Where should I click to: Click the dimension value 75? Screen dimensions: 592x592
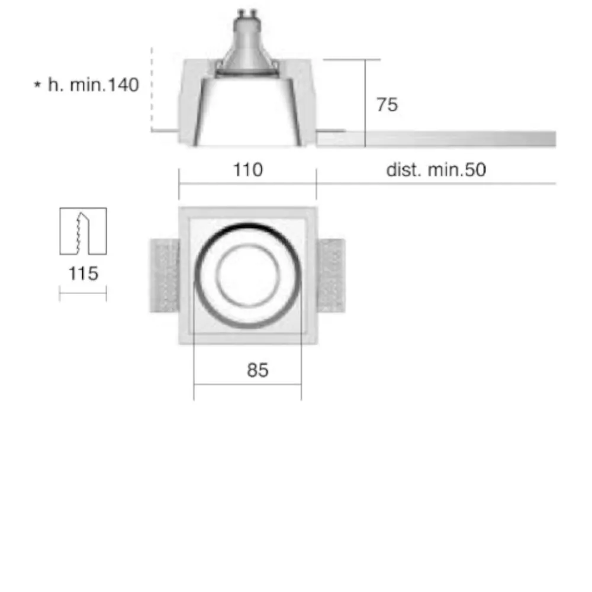[387, 105]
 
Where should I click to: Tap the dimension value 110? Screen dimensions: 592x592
[247, 169]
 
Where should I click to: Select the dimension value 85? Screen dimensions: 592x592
[258, 370]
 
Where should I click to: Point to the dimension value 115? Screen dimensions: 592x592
[83, 274]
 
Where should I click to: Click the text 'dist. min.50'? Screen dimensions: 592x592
[436, 169]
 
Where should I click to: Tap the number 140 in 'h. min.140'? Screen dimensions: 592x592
[124, 85]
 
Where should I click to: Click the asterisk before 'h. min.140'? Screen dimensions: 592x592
[37, 84]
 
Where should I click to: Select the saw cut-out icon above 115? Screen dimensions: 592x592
[83, 231]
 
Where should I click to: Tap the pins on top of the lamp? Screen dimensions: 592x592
[247, 14]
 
